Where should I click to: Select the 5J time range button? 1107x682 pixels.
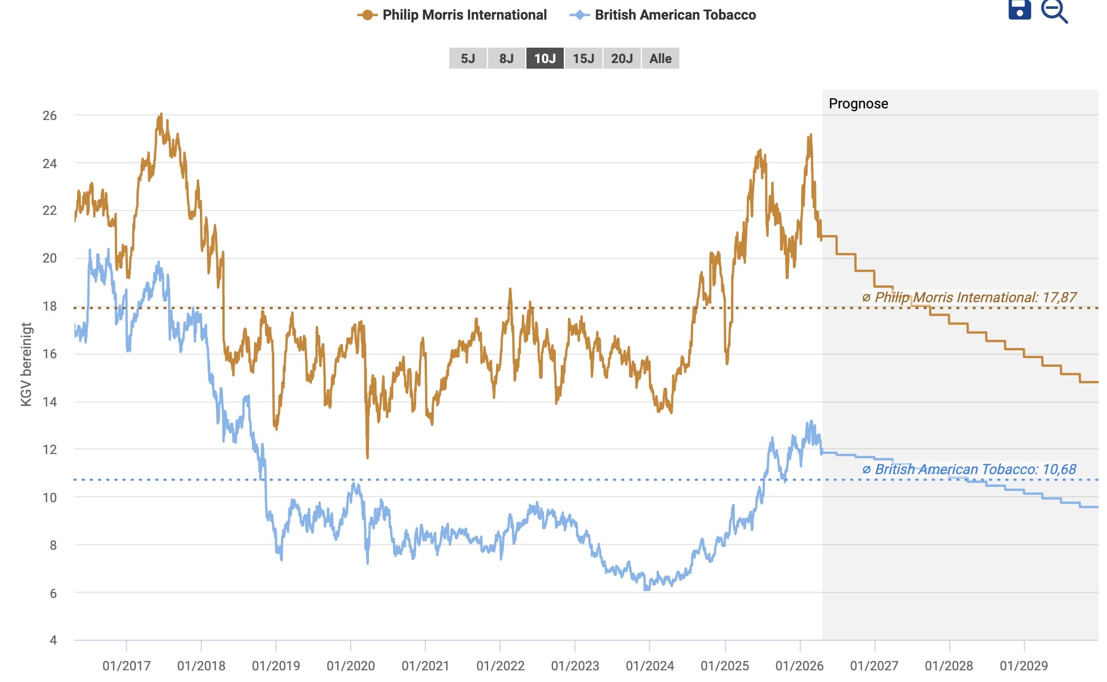pyautogui.click(x=468, y=58)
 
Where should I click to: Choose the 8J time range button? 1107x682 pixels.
pyautogui.click(x=506, y=58)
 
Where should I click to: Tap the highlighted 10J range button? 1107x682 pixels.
pyautogui.click(x=545, y=58)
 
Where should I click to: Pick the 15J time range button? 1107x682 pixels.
pyautogui.click(x=583, y=58)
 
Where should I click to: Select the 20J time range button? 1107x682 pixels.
pyautogui.click(x=622, y=58)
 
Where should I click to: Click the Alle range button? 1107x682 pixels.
pyautogui.click(x=660, y=58)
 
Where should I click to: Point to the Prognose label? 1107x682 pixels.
pyautogui.click(x=858, y=103)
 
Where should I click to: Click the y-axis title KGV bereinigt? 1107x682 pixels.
pyautogui.click(x=27, y=364)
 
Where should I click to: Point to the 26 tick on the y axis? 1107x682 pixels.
pyautogui.click(x=50, y=115)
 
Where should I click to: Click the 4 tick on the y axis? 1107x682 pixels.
pyautogui.click(x=53, y=640)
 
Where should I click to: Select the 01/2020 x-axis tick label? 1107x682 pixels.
pyautogui.click(x=350, y=666)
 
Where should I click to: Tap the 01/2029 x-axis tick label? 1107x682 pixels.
pyautogui.click(x=1024, y=666)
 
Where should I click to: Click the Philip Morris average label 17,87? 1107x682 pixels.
pyautogui.click(x=970, y=297)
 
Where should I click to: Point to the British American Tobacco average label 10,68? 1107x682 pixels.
pyautogui.click(x=970, y=469)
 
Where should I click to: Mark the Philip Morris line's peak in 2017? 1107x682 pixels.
pyautogui.click(x=161, y=114)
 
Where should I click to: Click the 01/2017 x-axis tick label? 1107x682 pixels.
pyautogui.click(x=126, y=666)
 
